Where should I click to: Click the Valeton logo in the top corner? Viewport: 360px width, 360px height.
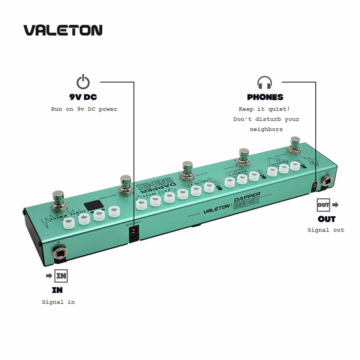tap(63, 30)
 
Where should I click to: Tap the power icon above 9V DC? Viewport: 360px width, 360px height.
tap(83, 82)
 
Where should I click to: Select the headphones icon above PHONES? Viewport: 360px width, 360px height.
tap(264, 82)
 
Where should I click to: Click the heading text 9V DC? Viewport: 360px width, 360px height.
tap(83, 97)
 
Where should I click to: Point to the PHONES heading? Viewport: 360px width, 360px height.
tap(265, 97)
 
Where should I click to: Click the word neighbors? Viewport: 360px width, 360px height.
tap(266, 129)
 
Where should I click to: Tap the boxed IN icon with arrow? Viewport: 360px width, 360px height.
tap(57, 276)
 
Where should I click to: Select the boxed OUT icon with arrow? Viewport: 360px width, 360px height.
tap(327, 205)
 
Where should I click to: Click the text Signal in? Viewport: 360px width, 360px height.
tap(58, 302)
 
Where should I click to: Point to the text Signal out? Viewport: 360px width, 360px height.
tap(325, 230)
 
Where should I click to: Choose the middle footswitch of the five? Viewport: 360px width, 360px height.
tap(187, 170)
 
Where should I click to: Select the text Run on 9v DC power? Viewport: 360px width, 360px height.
tap(84, 109)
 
